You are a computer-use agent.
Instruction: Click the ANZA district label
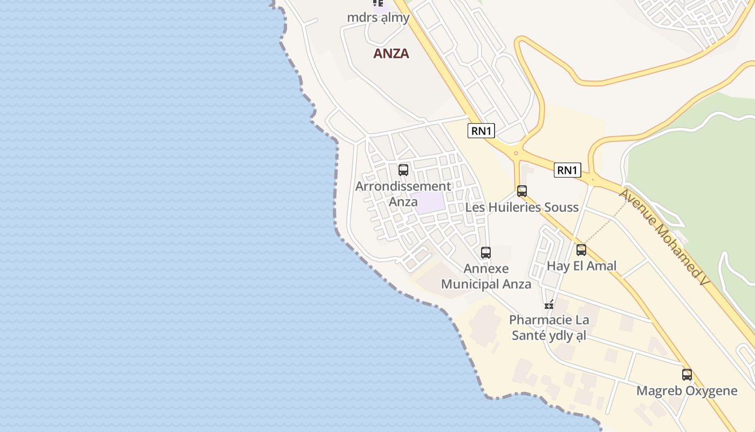391,53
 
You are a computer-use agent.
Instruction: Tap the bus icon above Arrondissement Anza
403,170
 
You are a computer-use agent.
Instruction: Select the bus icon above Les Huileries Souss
521,191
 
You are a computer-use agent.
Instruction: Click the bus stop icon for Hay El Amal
581,250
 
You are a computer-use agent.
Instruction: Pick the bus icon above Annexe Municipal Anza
485,252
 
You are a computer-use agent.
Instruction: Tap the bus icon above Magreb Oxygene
687,374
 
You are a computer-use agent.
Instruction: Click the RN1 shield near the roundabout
481,131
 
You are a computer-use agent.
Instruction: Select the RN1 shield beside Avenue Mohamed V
567,171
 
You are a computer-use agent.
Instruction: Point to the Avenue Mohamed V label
662,238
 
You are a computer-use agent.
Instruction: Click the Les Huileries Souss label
521,207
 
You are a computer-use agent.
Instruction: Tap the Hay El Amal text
581,266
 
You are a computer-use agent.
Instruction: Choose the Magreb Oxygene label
687,391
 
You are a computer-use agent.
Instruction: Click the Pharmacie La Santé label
548,328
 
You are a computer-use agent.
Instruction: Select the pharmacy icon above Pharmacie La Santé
549,305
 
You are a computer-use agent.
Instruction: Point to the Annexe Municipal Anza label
486,276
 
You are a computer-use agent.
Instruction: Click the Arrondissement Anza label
403,194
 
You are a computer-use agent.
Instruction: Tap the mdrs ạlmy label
378,17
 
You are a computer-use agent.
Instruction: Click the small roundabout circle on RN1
516,153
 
